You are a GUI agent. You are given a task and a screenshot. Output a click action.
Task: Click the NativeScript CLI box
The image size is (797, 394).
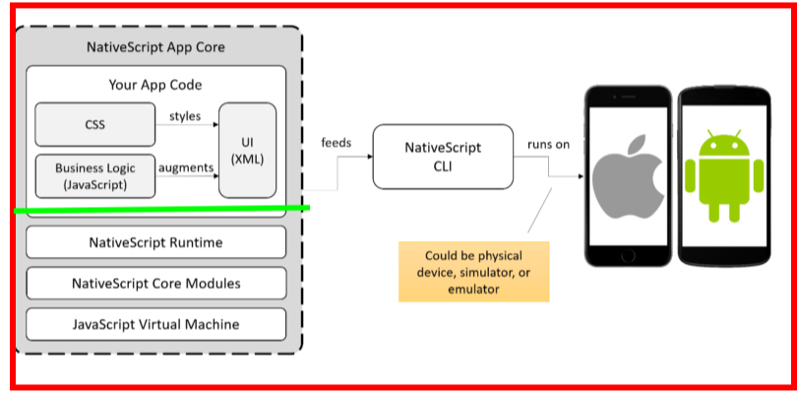point(443,156)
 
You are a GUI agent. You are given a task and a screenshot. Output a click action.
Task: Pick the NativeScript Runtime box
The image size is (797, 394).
point(155,241)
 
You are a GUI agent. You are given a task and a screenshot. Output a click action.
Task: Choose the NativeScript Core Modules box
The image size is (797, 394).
point(155,283)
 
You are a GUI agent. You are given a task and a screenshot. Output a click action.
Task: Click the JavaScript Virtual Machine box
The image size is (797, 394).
point(155,324)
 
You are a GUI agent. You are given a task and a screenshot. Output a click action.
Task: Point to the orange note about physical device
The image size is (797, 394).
point(474,271)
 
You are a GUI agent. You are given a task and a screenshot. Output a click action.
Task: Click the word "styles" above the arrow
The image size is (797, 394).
point(185,115)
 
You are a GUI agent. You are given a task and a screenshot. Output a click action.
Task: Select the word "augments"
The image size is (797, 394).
point(187,167)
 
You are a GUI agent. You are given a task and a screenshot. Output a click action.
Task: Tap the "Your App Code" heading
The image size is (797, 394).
point(155,85)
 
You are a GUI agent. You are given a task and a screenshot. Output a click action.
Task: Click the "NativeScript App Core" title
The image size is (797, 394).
point(155,47)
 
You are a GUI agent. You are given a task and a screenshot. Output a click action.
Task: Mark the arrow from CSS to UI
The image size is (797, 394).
point(187,125)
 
